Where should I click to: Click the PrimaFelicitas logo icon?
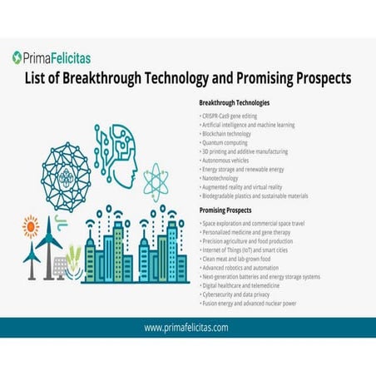[x=18, y=57]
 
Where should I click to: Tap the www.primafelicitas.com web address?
[x=186, y=327]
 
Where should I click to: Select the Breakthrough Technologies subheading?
[x=235, y=102]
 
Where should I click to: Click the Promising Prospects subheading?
[x=227, y=211]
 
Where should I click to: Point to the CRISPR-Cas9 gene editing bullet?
[x=233, y=115]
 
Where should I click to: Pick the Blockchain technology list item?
[x=230, y=133]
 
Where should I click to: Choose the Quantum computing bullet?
[x=226, y=142]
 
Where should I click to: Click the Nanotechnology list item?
[x=223, y=179]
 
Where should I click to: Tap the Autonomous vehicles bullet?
[x=229, y=161]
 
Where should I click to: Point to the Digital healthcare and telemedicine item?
[x=246, y=286]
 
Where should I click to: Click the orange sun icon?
[x=32, y=225]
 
